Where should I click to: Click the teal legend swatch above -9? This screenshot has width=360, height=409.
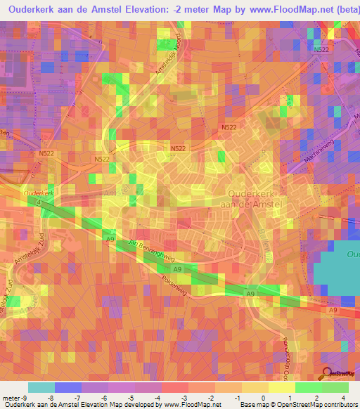[x=41, y=387]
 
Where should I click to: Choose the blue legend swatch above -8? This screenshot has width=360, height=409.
[x=67, y=387]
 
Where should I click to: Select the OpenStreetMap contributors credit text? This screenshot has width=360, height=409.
[x=317, y=404]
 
